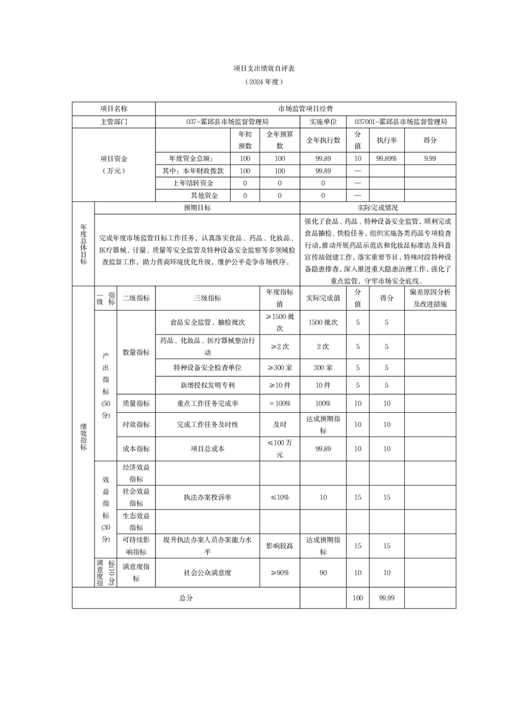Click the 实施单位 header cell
click(x=325, y=121)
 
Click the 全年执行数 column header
click(x=323, y=139)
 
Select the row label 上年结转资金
click(x=192, y=183)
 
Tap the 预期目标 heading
click(x=197, y=208)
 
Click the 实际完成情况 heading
click(x=377, y=208)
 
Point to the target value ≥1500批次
click(x=279, y=322)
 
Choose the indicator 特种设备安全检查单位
click(x=207, y=367)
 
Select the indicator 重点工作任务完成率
click(x=207, y=404)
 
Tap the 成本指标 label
click(x=136, y=449)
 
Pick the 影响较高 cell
click(x=279, y=546)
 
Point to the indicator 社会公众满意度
click(x=207, y=573)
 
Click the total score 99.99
click(x=386, y=597)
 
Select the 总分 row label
click(x=186, y=597)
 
